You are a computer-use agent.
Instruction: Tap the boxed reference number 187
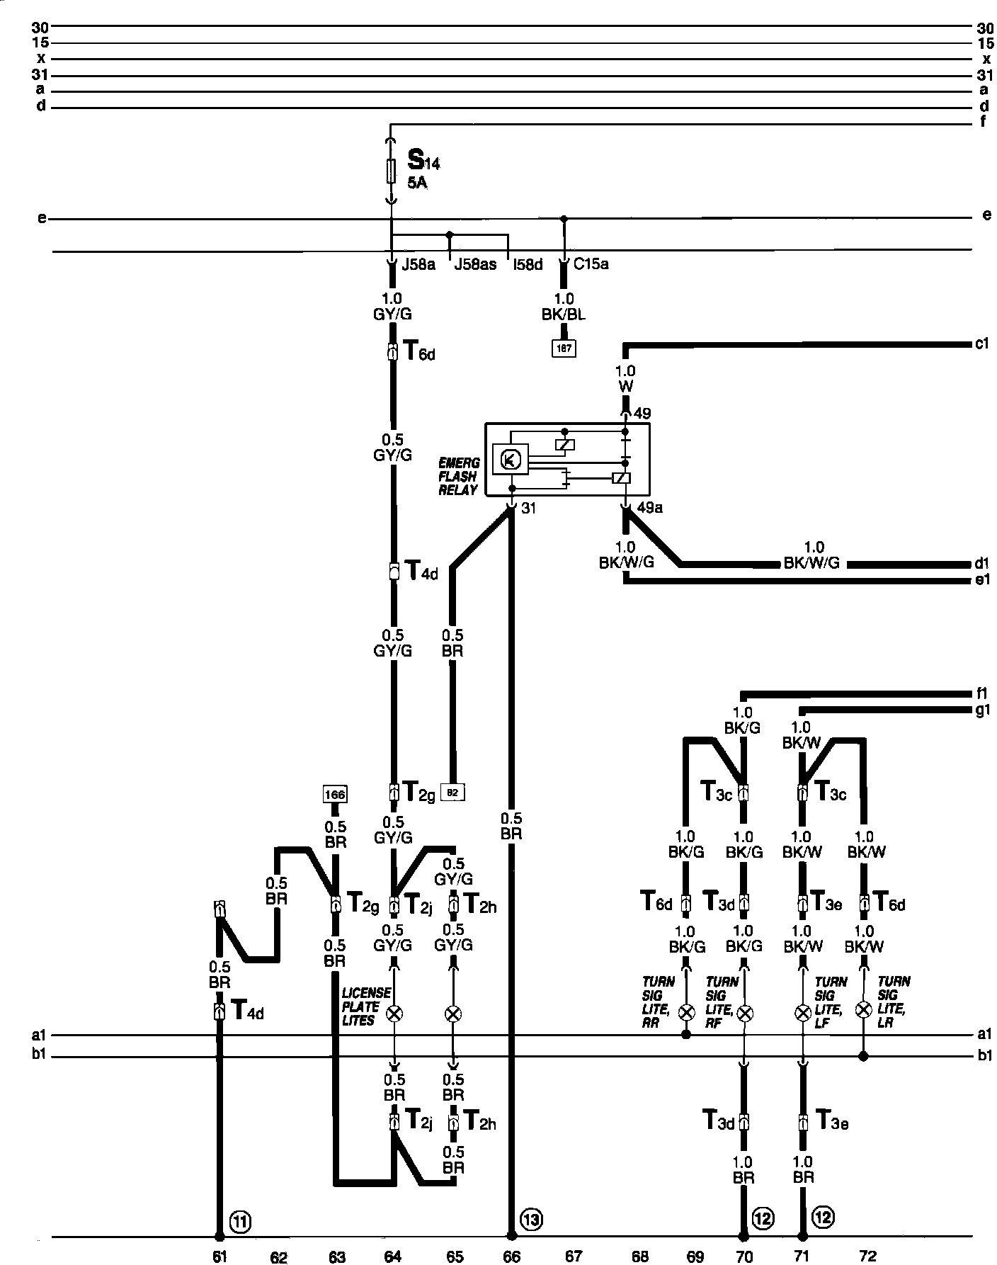click(x=564, y=348)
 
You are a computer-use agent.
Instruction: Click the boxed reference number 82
click(x=453, y=792)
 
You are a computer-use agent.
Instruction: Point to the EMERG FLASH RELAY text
click(x=458, y=476)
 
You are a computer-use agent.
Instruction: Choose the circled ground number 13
click(x=531, y=1219)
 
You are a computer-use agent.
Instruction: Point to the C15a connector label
click(x=591, y=265)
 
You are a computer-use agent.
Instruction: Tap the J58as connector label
click(x=475, y=265)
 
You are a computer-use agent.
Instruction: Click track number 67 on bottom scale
click(x=574, y=1257)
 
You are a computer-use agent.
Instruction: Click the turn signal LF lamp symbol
click(x=802, y=1014)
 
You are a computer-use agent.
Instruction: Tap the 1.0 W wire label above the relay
click(x=626, y=378)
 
